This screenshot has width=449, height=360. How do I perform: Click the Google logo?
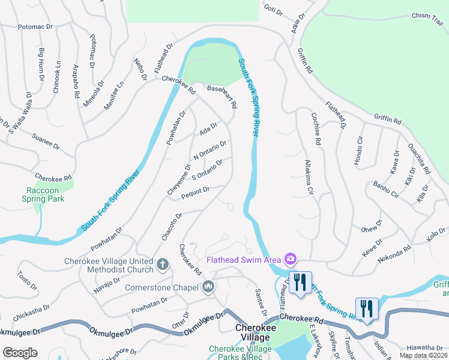tap(20, 353)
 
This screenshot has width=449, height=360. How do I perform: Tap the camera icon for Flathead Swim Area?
tap(291, 259)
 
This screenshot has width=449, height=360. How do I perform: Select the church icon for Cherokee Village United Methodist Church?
tap(162, 264)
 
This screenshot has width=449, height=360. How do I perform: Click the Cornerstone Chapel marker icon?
tap(208, 287)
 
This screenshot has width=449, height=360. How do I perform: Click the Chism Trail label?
tap(427, 17)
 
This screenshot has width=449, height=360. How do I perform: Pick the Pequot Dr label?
tap(194, 191)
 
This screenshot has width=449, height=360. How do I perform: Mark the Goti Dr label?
tap(273, 8)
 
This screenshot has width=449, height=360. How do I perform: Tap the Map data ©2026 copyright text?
tap(423, 355)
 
